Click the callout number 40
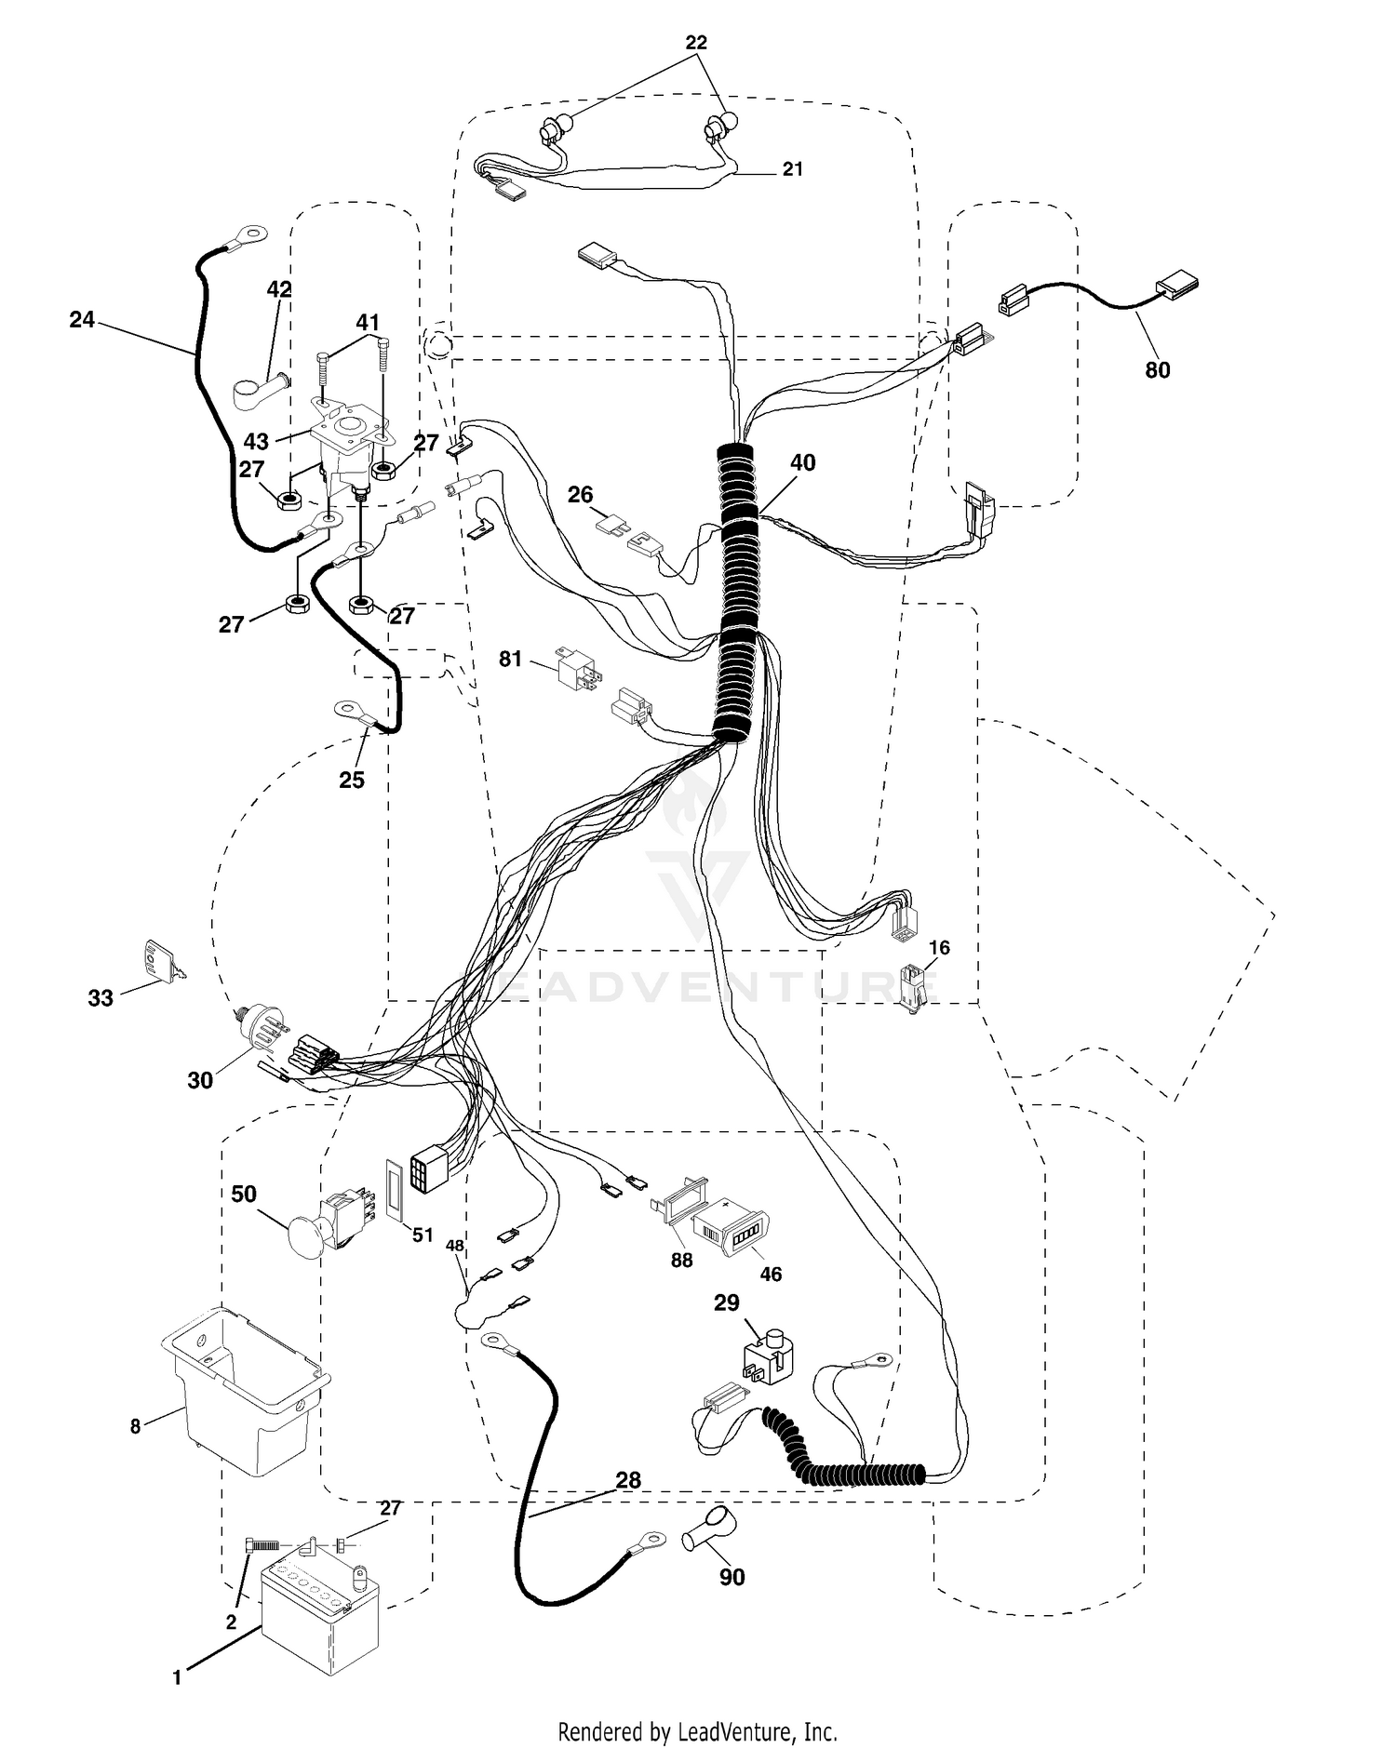pos(802,462)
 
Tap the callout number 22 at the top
pos(696,42)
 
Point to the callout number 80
pos(1157,370)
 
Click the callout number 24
pos(82,320)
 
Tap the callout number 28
pos(628,1480)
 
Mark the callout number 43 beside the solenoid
pos(256,442)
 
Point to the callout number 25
pos(352,780)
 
